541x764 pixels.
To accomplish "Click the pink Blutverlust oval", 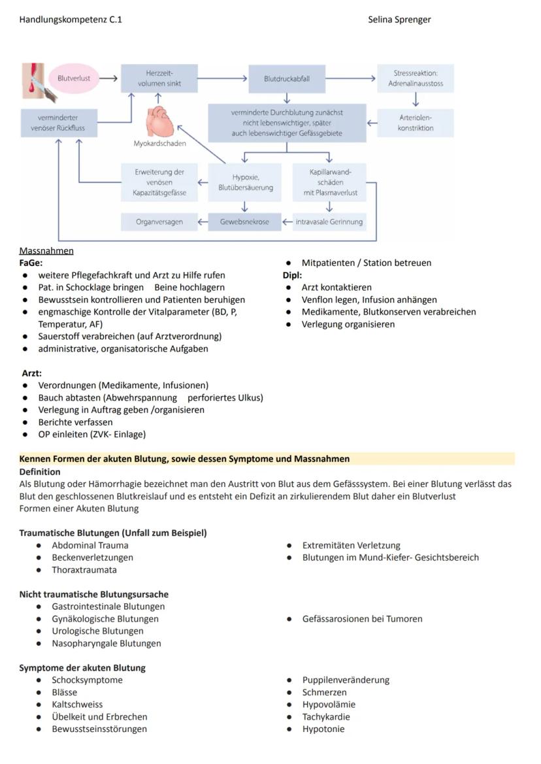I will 74,78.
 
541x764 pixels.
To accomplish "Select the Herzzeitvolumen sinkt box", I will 159,78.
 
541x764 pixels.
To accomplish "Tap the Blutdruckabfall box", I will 286,78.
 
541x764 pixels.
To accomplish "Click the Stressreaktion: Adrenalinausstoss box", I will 415,78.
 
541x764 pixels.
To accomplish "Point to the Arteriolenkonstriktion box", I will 415,123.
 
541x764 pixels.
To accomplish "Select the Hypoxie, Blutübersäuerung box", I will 245,182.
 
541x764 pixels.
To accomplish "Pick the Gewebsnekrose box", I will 244,222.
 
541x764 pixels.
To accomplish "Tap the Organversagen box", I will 159,222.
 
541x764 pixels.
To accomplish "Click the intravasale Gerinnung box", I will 329,222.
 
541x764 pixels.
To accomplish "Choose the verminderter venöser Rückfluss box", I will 58,123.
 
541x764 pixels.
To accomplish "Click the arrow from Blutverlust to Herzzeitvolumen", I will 108,78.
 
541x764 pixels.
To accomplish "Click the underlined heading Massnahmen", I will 46,251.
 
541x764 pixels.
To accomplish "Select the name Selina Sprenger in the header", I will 399,20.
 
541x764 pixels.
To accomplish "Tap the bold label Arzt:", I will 32,373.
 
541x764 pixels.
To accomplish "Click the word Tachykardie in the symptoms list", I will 325,717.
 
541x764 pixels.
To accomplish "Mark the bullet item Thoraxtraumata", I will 84,570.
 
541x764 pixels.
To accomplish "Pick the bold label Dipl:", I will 292,275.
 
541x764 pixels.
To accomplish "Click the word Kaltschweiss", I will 77,705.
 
